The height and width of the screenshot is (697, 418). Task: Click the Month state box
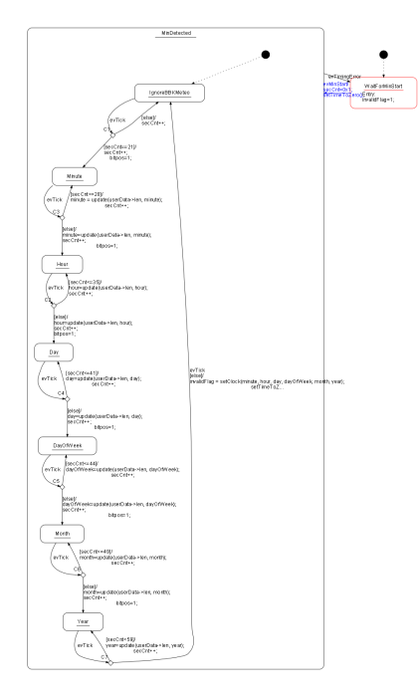61,534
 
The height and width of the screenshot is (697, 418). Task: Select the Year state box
83,621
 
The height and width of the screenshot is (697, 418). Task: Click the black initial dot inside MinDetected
264,54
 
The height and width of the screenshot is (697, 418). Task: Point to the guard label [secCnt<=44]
83,464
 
